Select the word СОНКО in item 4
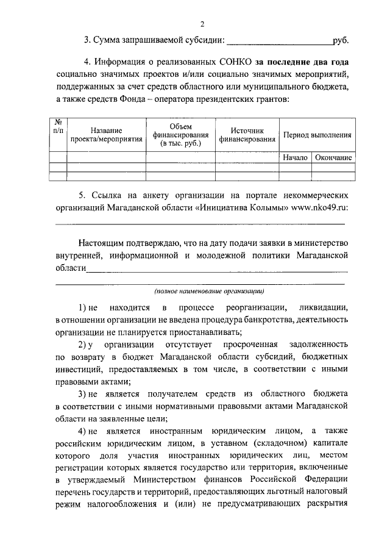[234, 62]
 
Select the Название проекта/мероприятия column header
[106, 134]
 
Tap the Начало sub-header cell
[295, 158]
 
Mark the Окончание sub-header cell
[333, 158]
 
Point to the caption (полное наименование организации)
[208, 292]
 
